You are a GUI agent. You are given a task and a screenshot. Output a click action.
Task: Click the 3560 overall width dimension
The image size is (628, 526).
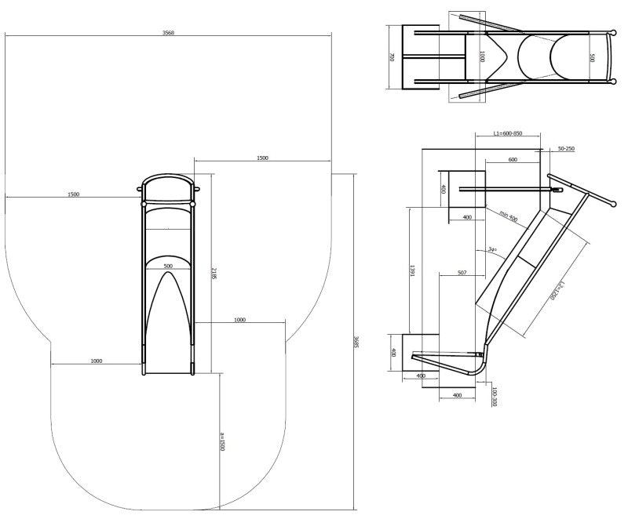[168, 33]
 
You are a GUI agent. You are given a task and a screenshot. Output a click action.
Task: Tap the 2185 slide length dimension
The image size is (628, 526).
[214, 274]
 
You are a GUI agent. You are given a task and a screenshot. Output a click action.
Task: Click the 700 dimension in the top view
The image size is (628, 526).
[391, 57]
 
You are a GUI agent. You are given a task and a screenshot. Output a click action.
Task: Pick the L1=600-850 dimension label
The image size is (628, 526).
[508, 134]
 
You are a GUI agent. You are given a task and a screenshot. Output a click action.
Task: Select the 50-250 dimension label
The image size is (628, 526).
[565, 148]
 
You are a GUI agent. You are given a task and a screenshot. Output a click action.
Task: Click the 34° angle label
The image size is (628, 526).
[492, 249]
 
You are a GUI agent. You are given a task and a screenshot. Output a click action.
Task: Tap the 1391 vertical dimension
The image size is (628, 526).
[411, 270]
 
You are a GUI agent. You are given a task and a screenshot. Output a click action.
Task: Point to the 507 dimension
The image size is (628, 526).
[461, 273]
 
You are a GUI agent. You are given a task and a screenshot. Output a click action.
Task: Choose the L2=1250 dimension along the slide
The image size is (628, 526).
[556, 289]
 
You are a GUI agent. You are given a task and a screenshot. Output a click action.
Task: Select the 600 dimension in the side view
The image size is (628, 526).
[512, 160]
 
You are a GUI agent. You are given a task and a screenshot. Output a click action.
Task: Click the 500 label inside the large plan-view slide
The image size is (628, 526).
[168, 267]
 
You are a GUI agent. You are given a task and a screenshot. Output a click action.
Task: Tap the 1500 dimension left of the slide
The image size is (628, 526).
[73, 194]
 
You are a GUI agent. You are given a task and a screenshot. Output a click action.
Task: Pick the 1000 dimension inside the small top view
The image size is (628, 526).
[482, 57]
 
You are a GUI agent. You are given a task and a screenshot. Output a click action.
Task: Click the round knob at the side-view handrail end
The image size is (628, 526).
[611, 205]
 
